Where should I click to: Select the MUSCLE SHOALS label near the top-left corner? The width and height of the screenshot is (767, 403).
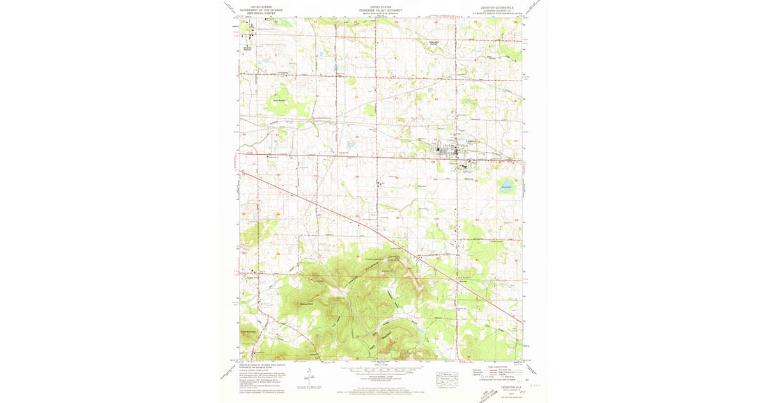[x=248, y=49]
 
